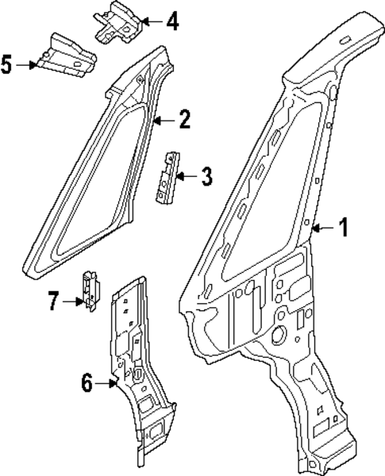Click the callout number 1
[344, 228]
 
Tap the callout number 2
[183, 120]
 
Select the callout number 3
[206, 175]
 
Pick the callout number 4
[172, 21]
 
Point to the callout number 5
[7, 63]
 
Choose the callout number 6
[88, 383]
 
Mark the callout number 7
[53, 301]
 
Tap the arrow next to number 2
[163, 121]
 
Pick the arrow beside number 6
[109, 384]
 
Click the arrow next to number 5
[27, 64]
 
